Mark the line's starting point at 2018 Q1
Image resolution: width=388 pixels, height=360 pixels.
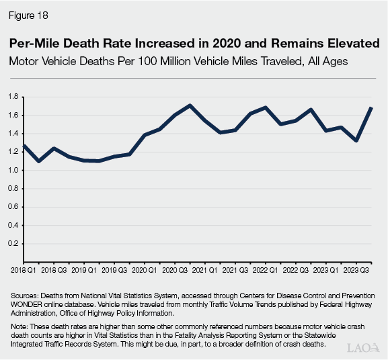point(24,145)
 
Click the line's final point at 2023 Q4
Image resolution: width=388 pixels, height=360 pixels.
point(372,108)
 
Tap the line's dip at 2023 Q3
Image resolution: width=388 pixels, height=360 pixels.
point(356,140)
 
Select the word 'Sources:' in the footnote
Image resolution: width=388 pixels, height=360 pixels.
point(25,296)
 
